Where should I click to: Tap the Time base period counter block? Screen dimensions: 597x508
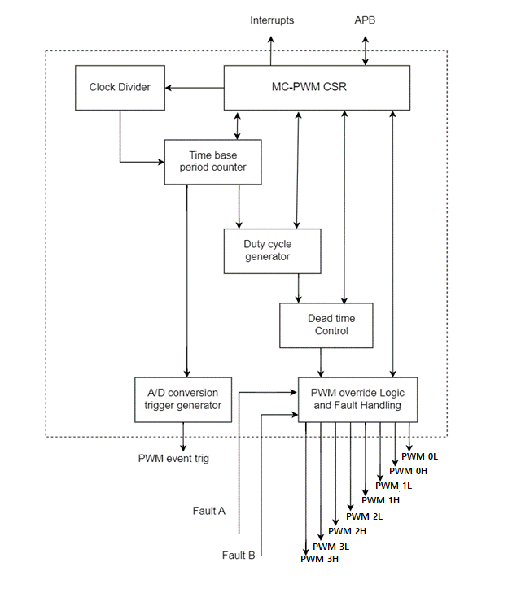(x=212, y=161)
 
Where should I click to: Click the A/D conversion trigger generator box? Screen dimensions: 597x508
(x=183, y=399)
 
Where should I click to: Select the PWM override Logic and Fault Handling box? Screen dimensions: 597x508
(x=357, y=399)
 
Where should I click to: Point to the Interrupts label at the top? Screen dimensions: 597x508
(x=272, y=20)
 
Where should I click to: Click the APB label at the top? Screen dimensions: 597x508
(x=366, y=20)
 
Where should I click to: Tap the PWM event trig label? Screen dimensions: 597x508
(x=173, y=459)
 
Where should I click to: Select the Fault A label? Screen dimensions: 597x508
(x=209, y=511)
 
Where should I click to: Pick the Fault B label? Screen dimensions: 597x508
(x=239, y=556)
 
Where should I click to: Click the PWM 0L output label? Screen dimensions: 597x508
(x=422, y=456)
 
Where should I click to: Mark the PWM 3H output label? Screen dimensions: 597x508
(x=320, y=559)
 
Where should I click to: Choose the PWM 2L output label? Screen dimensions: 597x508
(x=365, y=516)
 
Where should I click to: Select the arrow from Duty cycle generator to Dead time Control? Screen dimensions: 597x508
(x=300, y=288)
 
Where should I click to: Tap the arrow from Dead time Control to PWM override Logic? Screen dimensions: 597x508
(x=321, y=361)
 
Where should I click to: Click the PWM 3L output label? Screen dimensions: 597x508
(x=330, y=547)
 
